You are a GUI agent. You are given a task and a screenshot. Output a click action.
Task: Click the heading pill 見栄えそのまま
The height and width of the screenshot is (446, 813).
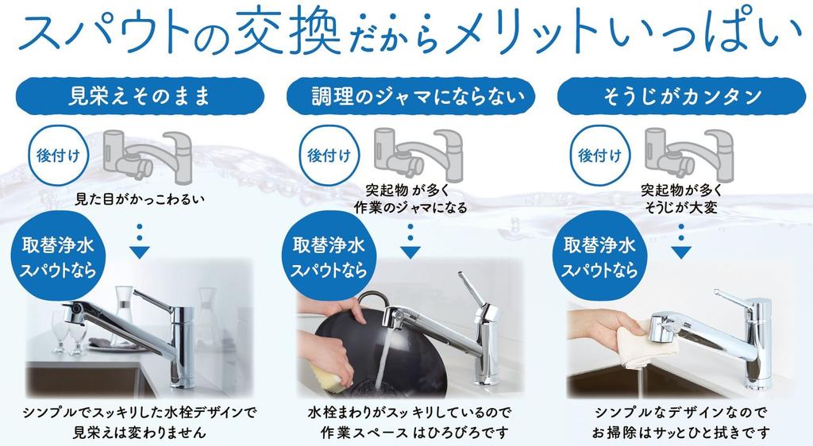[139, 97]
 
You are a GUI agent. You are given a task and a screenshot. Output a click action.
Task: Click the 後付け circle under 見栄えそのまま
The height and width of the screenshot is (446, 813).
[56, 156]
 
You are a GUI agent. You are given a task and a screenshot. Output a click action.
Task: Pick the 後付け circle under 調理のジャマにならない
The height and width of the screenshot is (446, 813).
[328, 156]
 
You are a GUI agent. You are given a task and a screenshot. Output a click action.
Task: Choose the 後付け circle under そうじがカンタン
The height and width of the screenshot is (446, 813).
[599, 156]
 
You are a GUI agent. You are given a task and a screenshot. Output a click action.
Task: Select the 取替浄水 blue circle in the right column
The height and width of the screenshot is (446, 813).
[600, 256]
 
